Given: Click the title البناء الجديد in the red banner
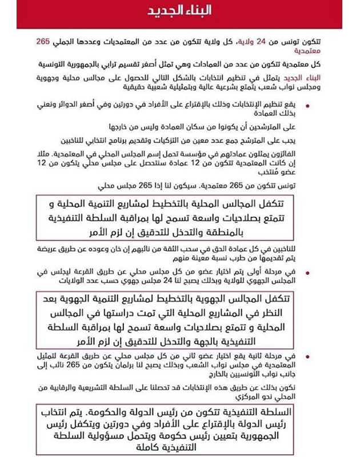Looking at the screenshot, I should coord(179,13).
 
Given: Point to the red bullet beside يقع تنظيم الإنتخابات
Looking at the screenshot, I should coord(309,105).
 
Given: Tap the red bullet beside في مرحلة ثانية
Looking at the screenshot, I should coord(309,356).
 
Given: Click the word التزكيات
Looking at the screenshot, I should coord(198,139).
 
